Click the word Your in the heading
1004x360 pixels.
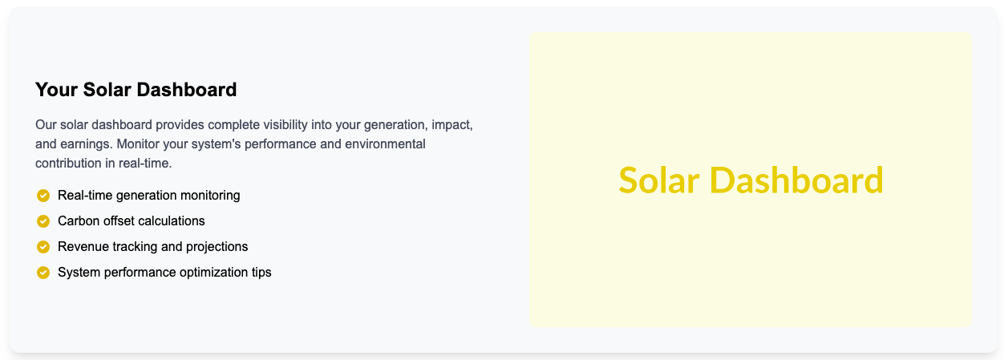(56, 90)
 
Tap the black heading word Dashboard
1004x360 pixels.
(187, 90)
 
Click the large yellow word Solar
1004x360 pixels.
(659, 180)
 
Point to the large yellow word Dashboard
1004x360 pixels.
(796, 180)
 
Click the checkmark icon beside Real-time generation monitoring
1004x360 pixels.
(43, 196)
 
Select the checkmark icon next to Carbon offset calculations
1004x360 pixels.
(43, 221)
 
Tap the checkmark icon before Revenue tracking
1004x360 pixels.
(43, 247)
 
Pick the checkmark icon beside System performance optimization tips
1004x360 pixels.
(43, 273)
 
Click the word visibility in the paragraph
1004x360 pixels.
(285, 124)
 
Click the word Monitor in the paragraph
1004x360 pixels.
(138, 144)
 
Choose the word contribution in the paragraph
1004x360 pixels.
(68, 164)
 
